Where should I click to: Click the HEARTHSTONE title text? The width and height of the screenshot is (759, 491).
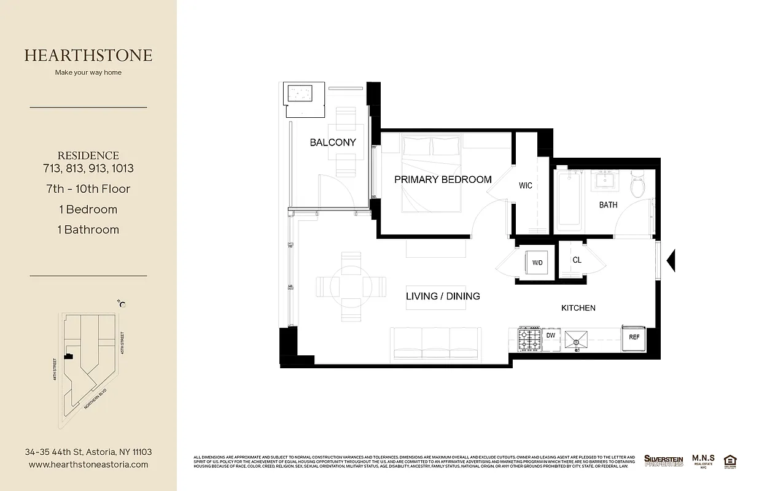pos(88,55)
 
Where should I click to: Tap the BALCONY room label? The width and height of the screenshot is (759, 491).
pos(332,142)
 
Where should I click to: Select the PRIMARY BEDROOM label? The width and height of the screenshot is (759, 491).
pos(443,180)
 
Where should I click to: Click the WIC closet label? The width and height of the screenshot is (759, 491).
pos(525,185)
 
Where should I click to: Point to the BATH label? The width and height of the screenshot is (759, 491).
pos(608,205)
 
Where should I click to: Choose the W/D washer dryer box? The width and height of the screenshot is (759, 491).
pos(537,263)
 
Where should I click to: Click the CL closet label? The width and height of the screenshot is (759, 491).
pos(577,260)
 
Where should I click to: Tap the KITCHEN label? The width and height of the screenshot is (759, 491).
pos(578,307)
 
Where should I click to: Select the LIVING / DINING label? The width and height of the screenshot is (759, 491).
pos(443,296)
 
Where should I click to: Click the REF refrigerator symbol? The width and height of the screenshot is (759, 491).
pos(634,337)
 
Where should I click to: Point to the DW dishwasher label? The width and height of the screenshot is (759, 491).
pos(550,336)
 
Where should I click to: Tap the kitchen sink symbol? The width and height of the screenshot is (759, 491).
pos(576,339)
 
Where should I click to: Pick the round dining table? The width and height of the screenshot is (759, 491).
pos(351,286)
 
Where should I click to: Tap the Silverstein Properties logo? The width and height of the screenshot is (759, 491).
pos(663,461)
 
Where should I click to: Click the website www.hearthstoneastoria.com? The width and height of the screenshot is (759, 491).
pos(88,465)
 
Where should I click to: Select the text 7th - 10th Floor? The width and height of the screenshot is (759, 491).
pos(95,189)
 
